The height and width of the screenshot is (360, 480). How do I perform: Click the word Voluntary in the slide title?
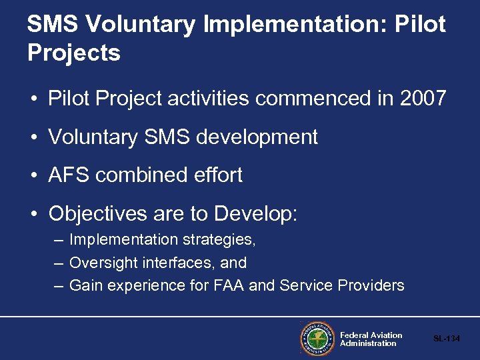(x=141, y=25)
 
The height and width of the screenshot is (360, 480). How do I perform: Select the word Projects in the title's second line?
(x=74, y=53)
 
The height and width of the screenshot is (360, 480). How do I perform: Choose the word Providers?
(x=371, y=285)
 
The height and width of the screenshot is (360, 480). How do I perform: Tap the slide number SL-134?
(x=446, y=339)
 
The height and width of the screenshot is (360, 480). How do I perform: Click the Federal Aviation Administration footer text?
(x=371, y=339)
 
